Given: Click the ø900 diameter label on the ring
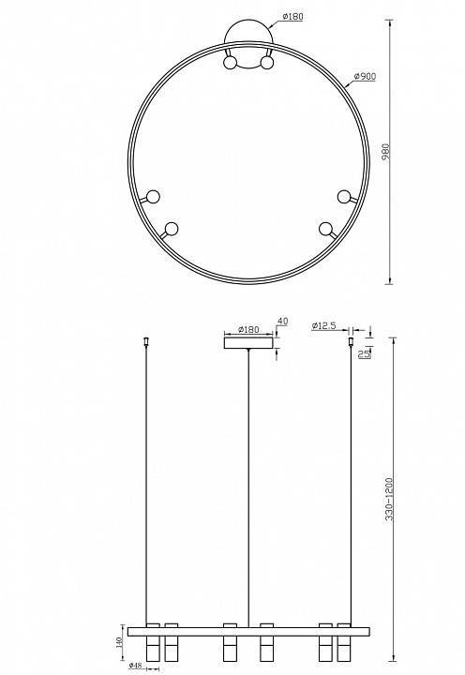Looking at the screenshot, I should pyautogui.click(x=365, y=76).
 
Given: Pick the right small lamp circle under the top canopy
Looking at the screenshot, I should pyautogui.click(x=267, y=64).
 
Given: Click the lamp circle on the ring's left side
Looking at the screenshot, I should pyautogui.click(x=153, y=196).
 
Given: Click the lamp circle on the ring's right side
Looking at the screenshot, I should pyautogui.click(x=344, y=196).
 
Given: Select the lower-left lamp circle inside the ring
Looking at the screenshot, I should pyautogui.click(x=171, y=228).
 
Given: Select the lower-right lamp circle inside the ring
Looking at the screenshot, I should pyautogui.click(x=325, y=228).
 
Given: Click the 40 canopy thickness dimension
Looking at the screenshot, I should pyautogui.click(x=281, y=322).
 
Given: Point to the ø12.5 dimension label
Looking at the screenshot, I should pyautogui.click(x=324, y=325).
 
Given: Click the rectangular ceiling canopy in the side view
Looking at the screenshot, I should pyautogui.click(x=248, y=342).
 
